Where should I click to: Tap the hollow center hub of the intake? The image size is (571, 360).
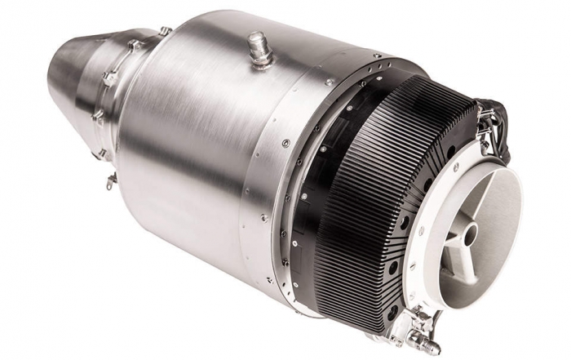[x=471, y=233]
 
